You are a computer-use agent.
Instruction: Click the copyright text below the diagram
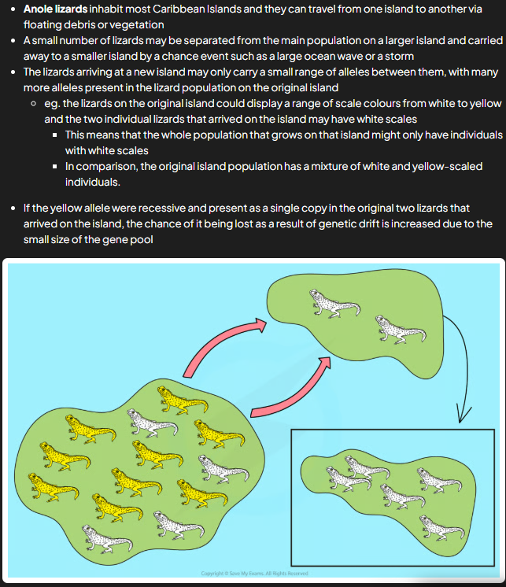pyautogui.click(x=254, y=573)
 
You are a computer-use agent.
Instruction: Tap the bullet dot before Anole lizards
pyautogui.click(x=13, y=9)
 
